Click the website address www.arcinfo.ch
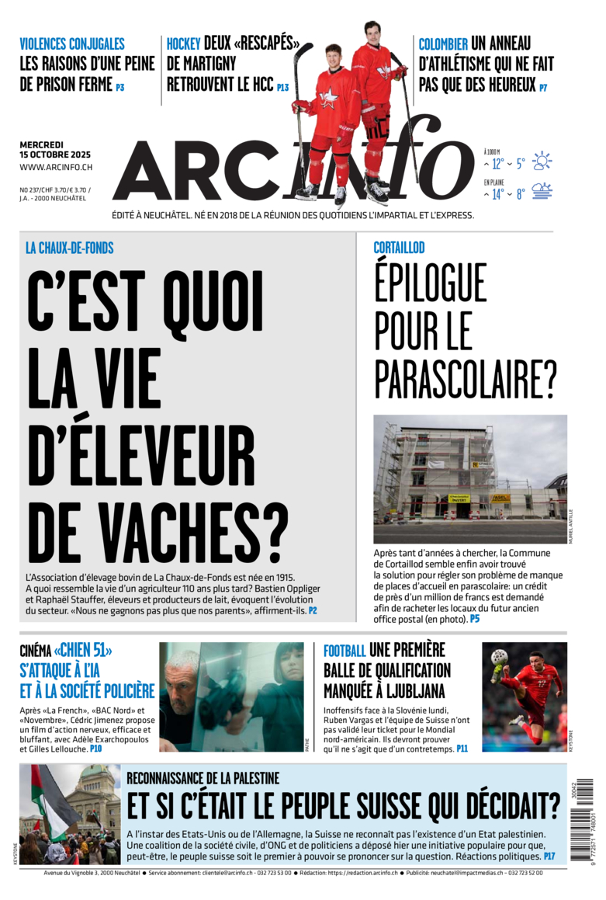(56, 167)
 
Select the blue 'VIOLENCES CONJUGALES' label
(72, 44)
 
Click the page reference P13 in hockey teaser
(282, 88)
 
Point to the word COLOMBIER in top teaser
(443, 44)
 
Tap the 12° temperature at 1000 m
(497, 164)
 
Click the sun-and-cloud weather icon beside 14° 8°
(542, 192)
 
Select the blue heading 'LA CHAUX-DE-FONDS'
(70, 248)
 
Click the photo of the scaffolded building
(470, 478)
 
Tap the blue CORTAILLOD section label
(399, 248)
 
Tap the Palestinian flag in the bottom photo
(47, 800)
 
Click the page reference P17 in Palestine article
(549, 856)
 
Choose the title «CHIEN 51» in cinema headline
(83, 650)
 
